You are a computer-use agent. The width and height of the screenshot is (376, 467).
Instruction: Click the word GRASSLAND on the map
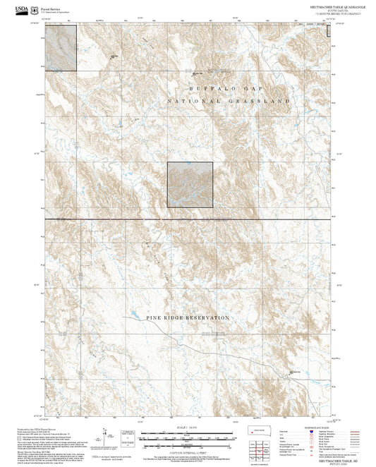click(x=266, y=102)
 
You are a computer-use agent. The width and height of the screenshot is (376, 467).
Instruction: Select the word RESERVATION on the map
click(x=205, y=318)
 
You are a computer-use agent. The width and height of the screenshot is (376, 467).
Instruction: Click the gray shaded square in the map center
click(x=190, y=184)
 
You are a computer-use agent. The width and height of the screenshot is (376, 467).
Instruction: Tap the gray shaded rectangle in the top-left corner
click(x=61, y=46)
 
